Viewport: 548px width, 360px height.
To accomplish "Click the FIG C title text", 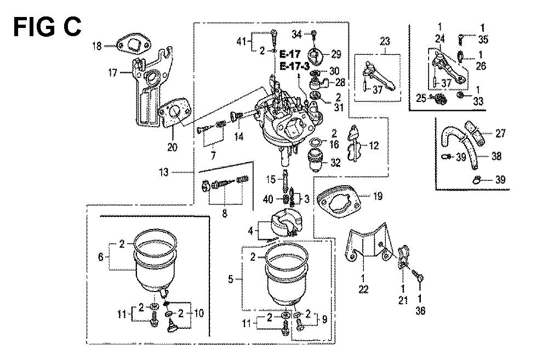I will coord(47,26).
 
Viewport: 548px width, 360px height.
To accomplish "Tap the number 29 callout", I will coord(335,54).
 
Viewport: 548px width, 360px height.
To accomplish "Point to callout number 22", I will coord(362,288).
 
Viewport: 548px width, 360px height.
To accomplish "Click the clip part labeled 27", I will coord(477,132).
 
